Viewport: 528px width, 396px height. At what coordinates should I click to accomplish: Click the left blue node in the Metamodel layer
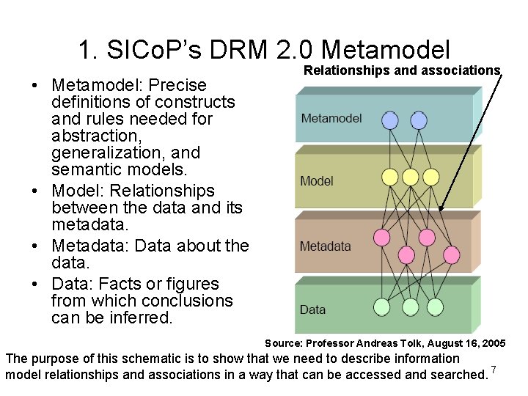pos(391,120)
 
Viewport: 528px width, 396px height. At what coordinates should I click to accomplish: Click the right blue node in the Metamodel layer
pos(418,120)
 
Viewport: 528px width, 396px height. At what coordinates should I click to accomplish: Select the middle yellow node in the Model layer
pos(411,177)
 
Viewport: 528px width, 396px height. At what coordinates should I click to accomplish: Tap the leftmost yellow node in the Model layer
pos(391,177)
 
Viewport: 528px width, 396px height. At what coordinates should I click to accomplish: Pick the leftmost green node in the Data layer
pos(381,307)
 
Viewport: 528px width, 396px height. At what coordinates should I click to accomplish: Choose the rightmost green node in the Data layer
pos(436,307)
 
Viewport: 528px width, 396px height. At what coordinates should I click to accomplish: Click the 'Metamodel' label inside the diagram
pos(331,118)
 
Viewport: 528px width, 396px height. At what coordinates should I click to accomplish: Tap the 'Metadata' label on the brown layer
pos(326,246)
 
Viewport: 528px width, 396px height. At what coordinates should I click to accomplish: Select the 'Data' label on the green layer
pos(313,309)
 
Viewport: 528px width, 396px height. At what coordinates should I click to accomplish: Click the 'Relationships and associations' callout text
pos(402,70)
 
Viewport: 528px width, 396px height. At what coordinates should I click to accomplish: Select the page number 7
pos(494,369)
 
